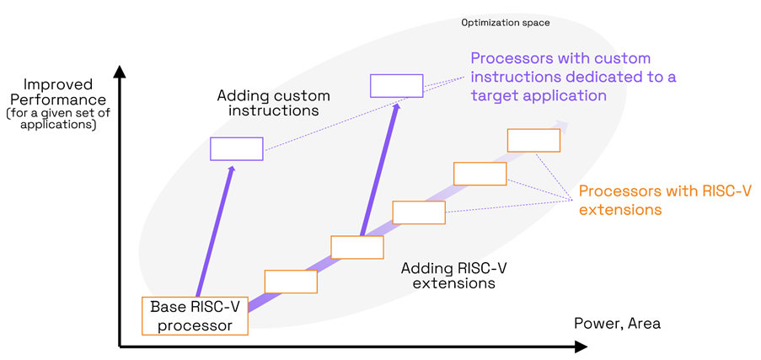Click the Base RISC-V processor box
point(195,316)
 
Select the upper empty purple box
point(396,86)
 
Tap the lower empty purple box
point(237,148)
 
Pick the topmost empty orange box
point(533,140)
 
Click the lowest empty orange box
point(291,282)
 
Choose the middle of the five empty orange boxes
point(419,212)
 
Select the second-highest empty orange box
point(480,174)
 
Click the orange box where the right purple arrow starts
point(357,247)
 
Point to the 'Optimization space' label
point(506,23)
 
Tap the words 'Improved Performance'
point(58,92)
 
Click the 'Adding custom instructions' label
point(274,103)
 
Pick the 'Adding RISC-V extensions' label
point(453,276)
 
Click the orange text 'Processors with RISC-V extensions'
point(664,200)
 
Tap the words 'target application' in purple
point(539,95)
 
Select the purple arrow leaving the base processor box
point(214,232)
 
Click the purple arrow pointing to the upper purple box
point(378,169)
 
